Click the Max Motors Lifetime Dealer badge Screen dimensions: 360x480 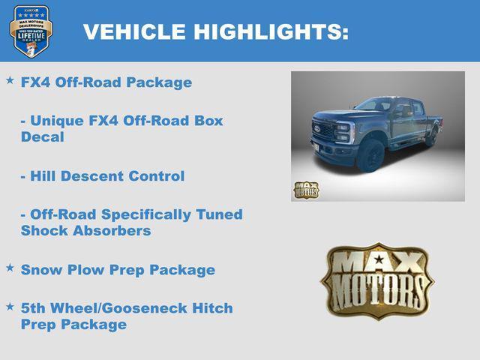pos(31,31)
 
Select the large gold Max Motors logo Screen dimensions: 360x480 pos(377,280)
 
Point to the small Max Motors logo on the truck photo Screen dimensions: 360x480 pos(305,190)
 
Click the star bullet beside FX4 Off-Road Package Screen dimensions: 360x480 pos(10,79)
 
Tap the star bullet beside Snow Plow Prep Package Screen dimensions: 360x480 pos(10,267)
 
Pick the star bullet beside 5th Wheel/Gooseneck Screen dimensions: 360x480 pos(10,306)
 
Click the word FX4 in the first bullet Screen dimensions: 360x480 pos(35,82)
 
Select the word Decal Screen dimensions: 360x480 pos(43,137)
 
